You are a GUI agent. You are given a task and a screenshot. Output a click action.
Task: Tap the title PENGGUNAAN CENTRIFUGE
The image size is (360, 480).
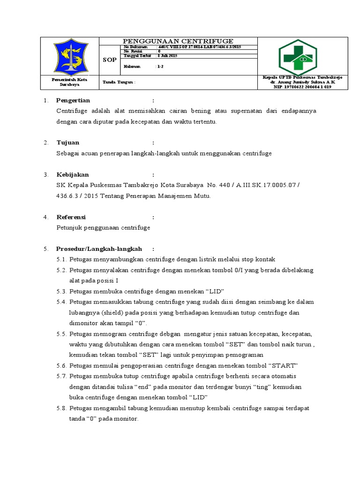[178, 41]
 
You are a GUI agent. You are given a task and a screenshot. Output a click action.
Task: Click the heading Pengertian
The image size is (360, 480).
[73, 100]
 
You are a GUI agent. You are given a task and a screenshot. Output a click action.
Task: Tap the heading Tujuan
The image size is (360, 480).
[68, 142]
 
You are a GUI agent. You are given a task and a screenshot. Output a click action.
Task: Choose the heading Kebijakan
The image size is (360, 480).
[72, 174]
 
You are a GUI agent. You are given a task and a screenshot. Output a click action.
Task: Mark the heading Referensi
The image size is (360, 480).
[71, 217]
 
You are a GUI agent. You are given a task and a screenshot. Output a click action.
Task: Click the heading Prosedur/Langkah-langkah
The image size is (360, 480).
[99, 248]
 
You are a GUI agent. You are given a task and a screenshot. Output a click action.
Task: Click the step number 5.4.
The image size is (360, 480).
[61, 302]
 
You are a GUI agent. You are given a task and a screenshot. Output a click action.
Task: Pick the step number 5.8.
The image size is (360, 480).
[61, 408]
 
